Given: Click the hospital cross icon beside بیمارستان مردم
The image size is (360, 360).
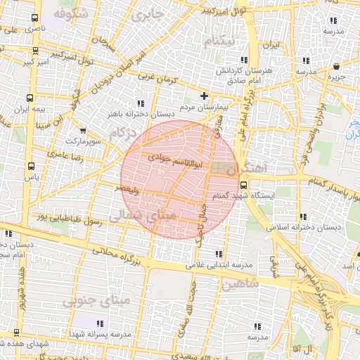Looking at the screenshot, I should [205, 96].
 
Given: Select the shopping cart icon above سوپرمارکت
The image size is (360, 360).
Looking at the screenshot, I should [84, 130].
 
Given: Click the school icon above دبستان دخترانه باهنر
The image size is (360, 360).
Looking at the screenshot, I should [141, 103].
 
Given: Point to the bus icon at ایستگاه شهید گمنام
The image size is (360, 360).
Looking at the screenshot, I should [243, 186].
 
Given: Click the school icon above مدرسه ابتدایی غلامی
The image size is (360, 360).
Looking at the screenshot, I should [219, 254].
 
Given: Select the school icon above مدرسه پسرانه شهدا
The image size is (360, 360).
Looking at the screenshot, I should [99, 323].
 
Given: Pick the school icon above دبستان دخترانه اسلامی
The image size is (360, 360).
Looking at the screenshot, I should [303, 217].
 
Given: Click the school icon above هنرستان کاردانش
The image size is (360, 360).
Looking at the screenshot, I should [243, 60].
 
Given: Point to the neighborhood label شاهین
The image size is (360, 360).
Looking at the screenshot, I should [240, 283].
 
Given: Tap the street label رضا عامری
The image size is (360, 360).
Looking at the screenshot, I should [65, 155].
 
